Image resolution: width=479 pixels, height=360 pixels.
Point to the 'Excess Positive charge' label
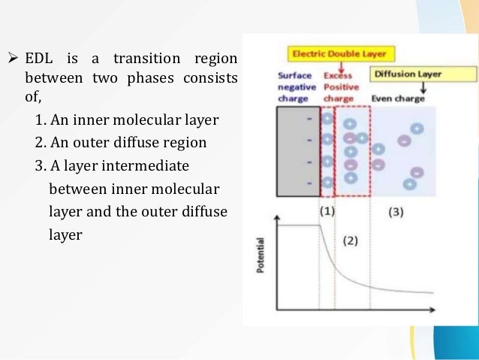[342, 86]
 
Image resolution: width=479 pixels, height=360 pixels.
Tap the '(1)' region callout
[327, 211]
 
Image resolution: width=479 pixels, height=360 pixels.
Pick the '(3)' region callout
[396, 212]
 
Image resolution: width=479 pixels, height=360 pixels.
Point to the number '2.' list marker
[41, 143]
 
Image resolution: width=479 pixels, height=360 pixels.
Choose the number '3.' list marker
[41, 165]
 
